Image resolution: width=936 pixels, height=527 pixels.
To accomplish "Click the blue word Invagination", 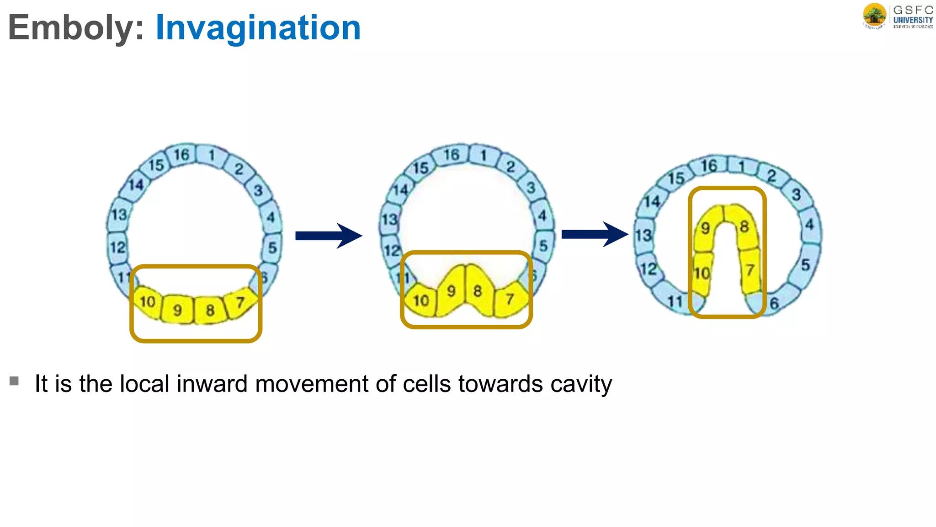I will tap(258, 27).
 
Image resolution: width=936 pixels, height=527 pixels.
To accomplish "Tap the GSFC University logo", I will tap(898, 16).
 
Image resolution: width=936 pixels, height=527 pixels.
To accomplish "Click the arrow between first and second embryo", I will tap(329, 236).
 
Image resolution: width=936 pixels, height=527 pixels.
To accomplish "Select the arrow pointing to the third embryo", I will tap(594, 234).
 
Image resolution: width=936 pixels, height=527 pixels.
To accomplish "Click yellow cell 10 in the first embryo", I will tap(148, 302).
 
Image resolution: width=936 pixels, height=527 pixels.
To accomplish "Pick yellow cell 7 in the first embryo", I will tap(240, 302).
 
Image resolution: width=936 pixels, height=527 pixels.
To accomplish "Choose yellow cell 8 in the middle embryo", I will tap(478, 290).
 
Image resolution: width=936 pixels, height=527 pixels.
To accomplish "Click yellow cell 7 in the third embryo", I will tap(750, 270).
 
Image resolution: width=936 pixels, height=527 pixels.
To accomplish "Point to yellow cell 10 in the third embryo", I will tap(702, 273).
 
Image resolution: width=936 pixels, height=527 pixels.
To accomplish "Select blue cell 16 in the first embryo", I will tap(181, 155).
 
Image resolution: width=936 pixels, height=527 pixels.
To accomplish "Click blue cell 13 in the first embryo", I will tap(119, 214).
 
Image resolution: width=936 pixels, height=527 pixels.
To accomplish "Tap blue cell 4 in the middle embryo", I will tap(542, 215).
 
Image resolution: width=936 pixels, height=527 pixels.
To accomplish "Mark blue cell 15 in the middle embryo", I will tap(420, 168).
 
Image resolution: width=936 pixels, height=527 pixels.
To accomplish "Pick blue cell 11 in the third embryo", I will tap(675, 301).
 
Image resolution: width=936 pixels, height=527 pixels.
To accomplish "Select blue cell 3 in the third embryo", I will tap(796, 194).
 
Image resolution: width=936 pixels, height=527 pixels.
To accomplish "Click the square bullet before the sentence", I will tap(14, 381).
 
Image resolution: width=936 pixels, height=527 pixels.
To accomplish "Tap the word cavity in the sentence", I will tap(581, 384).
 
